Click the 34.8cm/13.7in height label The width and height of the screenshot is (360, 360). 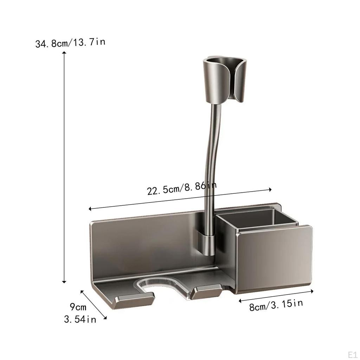tap(70, 43)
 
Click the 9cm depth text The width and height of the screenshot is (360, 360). tap(78, 307)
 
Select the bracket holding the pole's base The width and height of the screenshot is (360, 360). tap(207, 243)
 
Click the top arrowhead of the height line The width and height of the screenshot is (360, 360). tap(64, 53)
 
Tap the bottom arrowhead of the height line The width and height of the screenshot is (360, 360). tap(64, 282)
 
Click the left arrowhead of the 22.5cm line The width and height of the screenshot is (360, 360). tap(90, 209)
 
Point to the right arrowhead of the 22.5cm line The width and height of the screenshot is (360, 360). tap(270, 189)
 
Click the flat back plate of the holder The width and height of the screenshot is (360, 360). tap(148, 243)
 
